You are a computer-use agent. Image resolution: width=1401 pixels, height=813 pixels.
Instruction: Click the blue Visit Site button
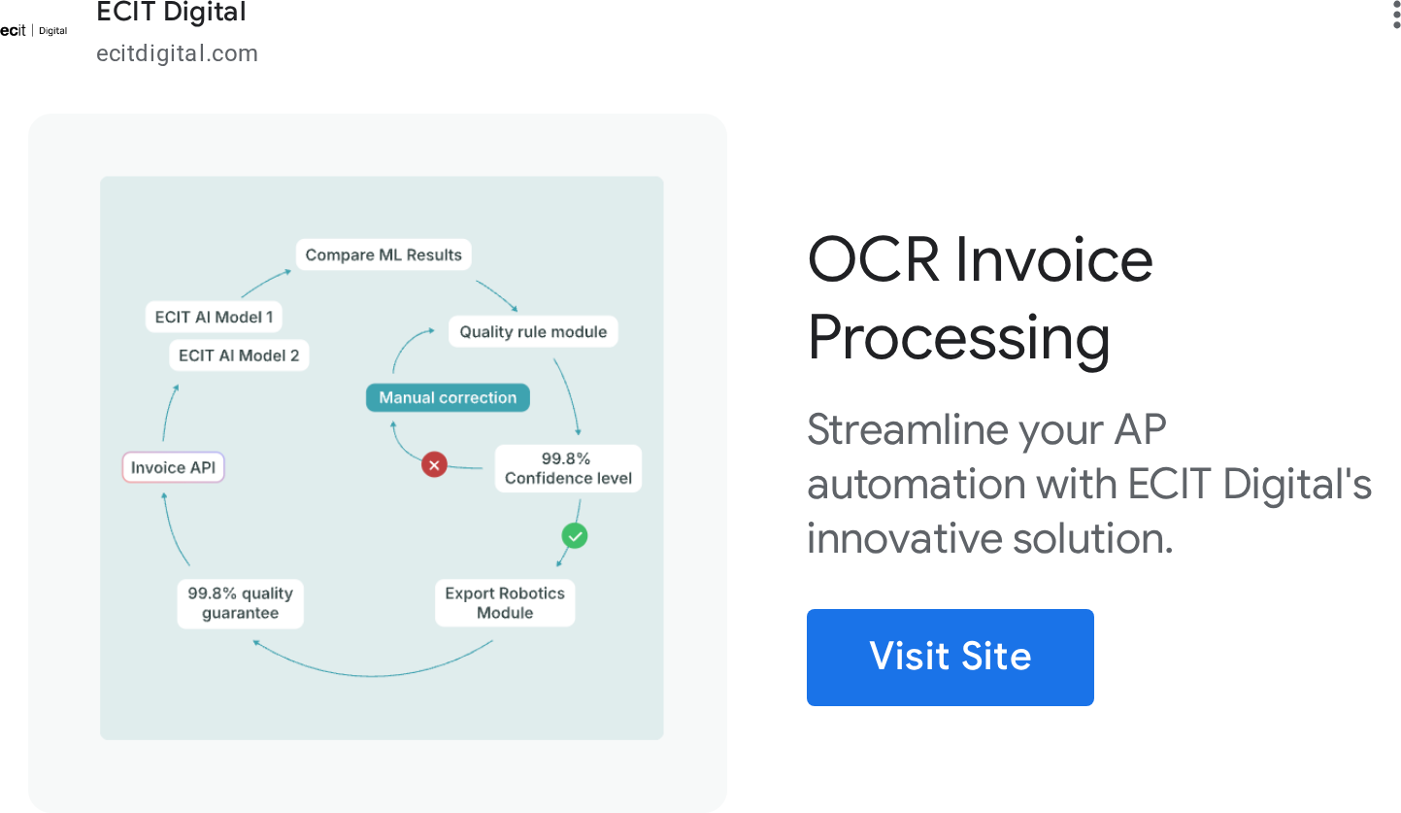(x=951, y=658)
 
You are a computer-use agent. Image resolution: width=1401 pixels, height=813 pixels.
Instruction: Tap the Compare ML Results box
(x=384, y=254)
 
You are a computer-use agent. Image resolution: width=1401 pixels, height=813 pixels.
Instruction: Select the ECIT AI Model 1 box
(x=214, y=317)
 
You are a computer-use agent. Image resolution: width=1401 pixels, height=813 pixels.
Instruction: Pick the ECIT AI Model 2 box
(x=239, y=356)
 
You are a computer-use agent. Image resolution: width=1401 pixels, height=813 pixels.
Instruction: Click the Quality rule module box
(x=533, y=332)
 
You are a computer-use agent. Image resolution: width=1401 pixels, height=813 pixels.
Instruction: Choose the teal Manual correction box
(x=448, y=397)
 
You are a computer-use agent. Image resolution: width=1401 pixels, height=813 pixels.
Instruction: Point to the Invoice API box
(x=173, y=467)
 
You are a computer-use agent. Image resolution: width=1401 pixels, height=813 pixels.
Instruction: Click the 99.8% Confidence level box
(x=569, y=468)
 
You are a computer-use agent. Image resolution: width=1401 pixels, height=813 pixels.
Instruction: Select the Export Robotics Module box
(x=505, y=603)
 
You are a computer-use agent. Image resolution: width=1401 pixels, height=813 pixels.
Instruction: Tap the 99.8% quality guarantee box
(x=240, y=603)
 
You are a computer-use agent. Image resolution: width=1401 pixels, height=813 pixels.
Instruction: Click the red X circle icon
(x=434, y=464)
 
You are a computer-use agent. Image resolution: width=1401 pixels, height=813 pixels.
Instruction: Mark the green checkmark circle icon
(x=574, y=536)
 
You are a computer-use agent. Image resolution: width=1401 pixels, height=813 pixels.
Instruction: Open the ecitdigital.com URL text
(x=177, y=53)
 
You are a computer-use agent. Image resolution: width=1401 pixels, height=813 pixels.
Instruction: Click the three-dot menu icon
(x=1396, y=14)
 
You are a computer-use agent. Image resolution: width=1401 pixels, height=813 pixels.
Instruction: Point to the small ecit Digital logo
(x=34, y=31)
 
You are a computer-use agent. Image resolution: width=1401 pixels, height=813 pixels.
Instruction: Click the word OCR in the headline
(x=873, y=260)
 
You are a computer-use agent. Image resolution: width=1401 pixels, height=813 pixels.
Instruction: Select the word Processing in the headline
(x=959, y=339)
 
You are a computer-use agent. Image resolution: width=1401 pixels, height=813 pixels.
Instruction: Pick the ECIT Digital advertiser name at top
(x=171, y=12)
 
